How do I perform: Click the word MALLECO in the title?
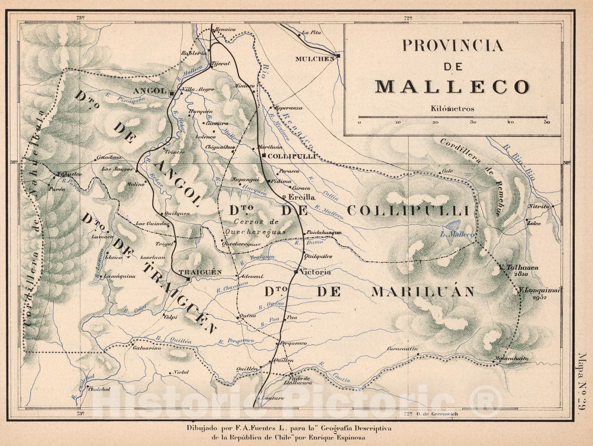tap(452, 87)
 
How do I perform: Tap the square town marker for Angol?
tap(172, 94)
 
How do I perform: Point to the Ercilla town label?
tap(301, 197)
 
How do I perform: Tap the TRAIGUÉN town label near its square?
tap(200, 272)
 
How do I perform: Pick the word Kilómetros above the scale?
tap(453, 109)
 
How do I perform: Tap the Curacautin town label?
tap(402, 349)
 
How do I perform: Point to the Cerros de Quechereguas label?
tap(256, 227)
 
